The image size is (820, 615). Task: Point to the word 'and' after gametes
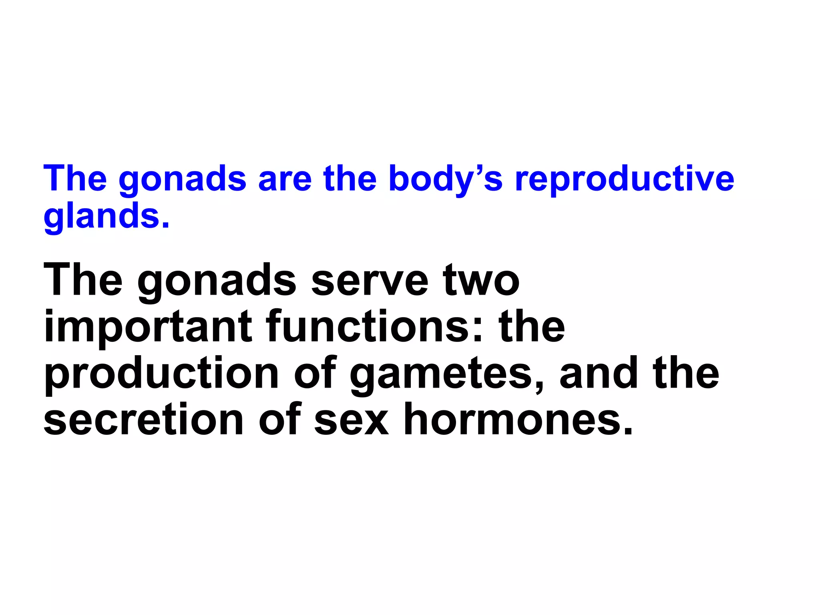coord(598,373)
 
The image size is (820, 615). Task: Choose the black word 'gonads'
coord(217,281)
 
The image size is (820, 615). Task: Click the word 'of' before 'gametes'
coord(315,373)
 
